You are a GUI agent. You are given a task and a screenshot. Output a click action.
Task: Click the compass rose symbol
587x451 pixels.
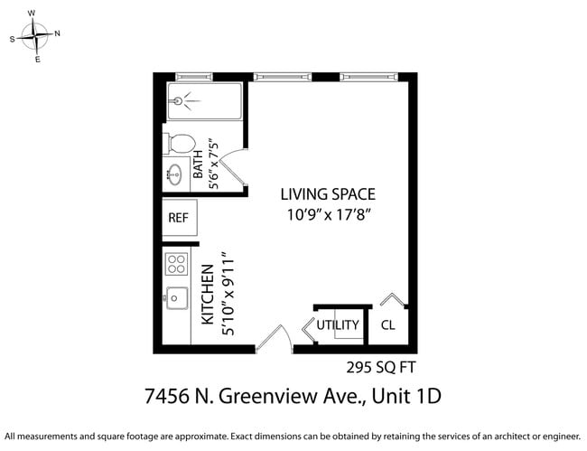pos(34,37)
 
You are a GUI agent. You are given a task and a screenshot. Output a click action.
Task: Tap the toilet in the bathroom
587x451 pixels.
pos(179,144)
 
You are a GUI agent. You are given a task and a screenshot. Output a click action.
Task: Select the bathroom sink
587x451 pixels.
pos(173,174)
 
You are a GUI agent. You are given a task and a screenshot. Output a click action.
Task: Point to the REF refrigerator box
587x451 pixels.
pos(179,219)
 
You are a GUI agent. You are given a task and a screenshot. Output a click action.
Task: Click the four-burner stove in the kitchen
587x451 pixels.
pos(176,265)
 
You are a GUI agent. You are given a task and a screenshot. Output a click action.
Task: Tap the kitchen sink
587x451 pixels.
pos(175,297)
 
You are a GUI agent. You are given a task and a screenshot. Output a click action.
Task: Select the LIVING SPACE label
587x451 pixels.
pos(327,194)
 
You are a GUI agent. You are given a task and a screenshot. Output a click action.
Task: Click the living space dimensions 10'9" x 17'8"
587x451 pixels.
pos(329,215)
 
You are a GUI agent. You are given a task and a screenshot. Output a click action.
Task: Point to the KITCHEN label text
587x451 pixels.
pos(207,295)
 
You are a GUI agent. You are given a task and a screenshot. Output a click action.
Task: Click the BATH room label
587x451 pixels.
pos(199,167)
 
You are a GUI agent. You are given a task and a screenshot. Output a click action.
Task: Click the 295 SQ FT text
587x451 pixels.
pos(381,367)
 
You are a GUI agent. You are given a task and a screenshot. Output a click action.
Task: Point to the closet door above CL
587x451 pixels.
pos(393,300)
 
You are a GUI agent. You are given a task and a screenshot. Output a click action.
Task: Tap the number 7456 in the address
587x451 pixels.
pos(168,397)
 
